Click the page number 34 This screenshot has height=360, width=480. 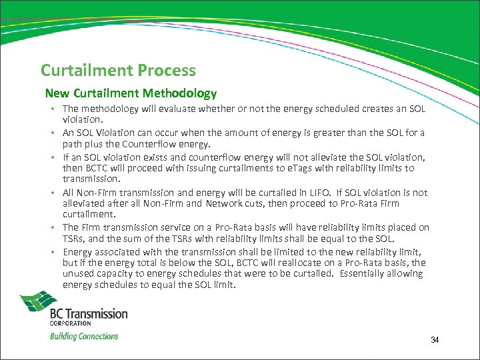pos(435,340)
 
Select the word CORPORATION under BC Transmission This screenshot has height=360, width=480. pos(70,323)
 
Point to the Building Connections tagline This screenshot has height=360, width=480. pos(84,336)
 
